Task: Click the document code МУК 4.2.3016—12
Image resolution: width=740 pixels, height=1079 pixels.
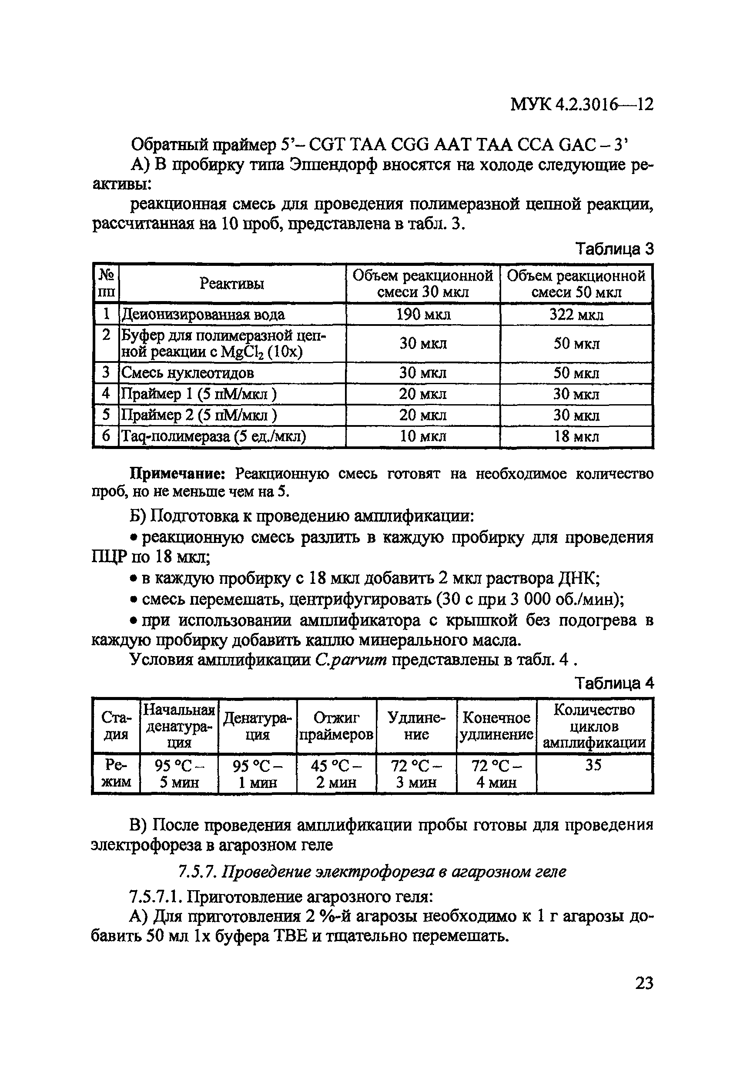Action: pos(582,105)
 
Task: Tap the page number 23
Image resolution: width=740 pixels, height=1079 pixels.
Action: pos(643,983)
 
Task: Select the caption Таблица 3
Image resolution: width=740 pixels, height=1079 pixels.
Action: pos(614,249)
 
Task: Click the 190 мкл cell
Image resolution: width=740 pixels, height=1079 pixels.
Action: pos(423,315)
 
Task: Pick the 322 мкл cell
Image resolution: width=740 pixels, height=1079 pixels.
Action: pos(576,315)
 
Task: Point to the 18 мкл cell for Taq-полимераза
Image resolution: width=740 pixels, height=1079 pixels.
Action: pos(576,436)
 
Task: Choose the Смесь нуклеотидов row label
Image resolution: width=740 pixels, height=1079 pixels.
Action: pos(188,373)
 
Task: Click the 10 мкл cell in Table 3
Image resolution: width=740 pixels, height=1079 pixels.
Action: pos(423,436)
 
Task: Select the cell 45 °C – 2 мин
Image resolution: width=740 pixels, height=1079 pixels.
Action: pos(336,774)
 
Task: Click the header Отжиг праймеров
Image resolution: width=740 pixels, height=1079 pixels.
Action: pos(336,726)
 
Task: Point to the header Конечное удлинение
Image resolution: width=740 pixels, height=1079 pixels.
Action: pos(496,726)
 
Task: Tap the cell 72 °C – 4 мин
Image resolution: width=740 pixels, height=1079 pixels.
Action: pos(496,774)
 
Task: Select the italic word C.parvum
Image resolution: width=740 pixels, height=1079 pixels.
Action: pos(351,660)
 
